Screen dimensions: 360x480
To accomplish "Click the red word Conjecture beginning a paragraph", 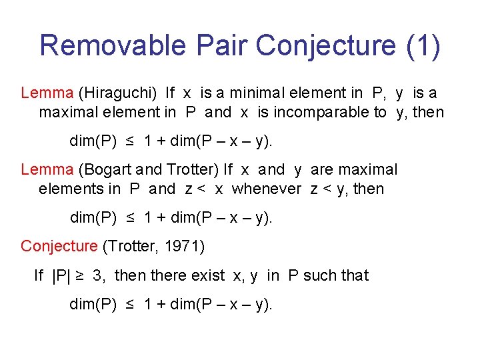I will [59, 246].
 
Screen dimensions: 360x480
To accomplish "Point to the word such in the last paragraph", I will [318, 275].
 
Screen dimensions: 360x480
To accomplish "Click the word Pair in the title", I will [222, 45].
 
